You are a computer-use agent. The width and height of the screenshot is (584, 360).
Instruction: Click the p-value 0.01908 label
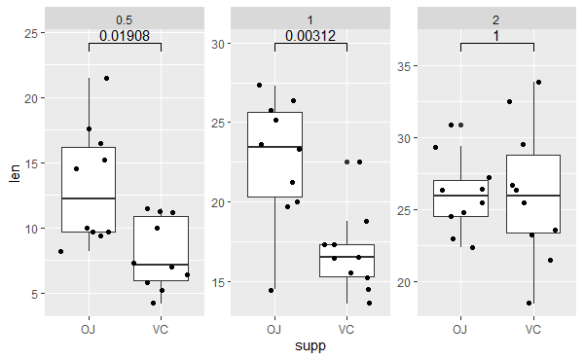coord(125,37)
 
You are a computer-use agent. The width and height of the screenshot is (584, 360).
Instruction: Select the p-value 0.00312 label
coord(310,37)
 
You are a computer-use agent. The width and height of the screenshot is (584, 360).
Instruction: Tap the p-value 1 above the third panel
coord(495,36)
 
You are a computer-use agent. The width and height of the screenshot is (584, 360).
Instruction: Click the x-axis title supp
coord(310,345)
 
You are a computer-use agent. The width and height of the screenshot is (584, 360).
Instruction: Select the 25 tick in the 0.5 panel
coord(31,33)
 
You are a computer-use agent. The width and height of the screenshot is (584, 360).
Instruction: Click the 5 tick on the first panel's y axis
coord(35,294)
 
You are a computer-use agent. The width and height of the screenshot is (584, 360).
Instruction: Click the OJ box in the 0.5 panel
coord(89,190)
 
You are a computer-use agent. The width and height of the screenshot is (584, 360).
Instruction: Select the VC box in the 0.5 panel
coord(161,248)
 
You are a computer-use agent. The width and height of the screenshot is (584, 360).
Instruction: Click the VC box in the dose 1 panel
coord(347,261)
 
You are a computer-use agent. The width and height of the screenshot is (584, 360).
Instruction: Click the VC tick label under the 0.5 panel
coord(161,329)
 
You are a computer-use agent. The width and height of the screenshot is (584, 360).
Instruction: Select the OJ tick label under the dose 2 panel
coord(460,329)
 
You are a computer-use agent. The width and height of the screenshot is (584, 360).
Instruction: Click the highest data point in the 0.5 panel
coord(106,79)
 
